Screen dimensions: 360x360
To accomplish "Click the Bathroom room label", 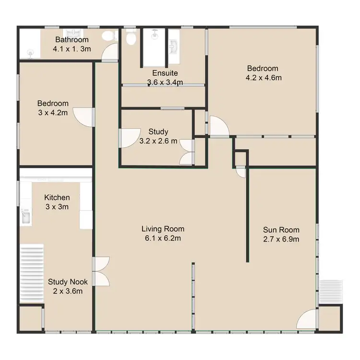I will click(72, 39).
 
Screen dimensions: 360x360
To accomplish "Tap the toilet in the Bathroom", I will click(110, 36).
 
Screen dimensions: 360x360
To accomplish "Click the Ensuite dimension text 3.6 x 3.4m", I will click(165, 82).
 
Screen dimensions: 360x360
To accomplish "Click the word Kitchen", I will click(57, 197).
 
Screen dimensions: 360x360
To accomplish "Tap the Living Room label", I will click(163, 228).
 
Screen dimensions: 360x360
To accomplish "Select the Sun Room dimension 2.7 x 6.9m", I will click(281, 239).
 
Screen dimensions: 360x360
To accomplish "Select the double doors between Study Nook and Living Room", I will click(102, 271).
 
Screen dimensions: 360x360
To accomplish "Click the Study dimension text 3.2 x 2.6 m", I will click(158, 141).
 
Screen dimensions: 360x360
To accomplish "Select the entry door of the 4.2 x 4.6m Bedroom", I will click(218, 126).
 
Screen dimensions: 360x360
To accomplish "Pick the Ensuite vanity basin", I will click(174, 44).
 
